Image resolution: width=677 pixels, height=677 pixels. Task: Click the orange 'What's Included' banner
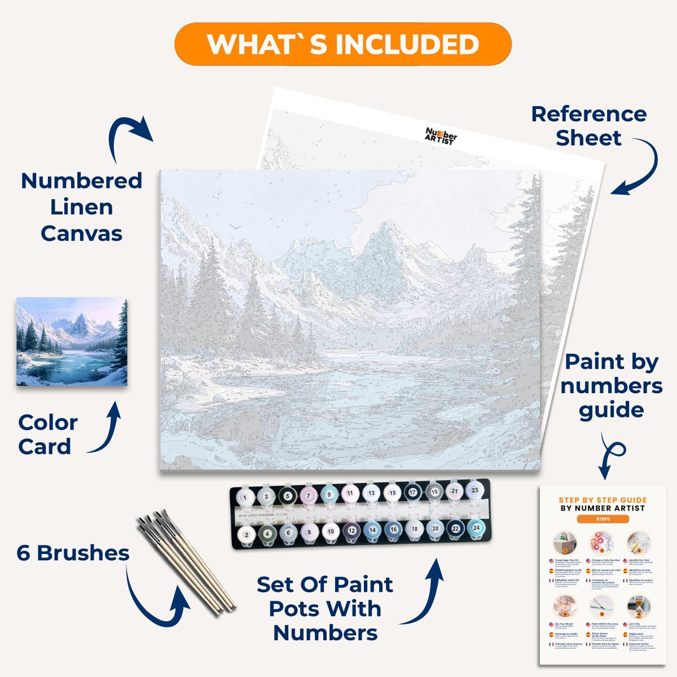click(342, 45)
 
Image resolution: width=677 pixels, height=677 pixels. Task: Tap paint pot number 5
click(287, 496)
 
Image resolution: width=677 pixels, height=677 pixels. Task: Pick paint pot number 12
click(351, 530)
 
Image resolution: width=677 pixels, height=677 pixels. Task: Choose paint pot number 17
click(413, 493)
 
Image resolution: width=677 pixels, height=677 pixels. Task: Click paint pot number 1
click(245, 497)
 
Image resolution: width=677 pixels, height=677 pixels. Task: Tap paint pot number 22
click(455, 529)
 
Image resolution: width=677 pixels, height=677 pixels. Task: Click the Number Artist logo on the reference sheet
click(441, 135)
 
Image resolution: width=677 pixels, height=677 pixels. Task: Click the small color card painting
click(72, 342)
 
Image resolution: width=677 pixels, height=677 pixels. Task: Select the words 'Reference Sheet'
click(588, 126)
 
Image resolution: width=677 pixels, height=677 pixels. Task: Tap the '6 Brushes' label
click(73, 553)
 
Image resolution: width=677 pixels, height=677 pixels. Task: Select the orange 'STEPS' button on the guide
click(603, 519)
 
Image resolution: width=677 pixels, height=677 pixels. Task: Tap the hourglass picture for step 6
click(638, 607)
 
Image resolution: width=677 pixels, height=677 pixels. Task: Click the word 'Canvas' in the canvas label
click(81, 233)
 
